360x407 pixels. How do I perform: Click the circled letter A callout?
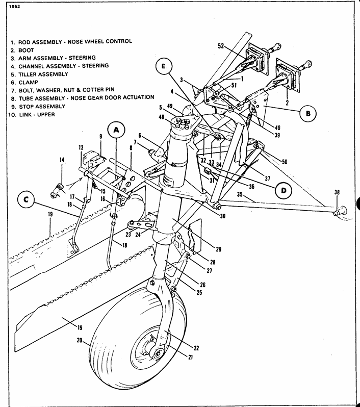click(116, 131)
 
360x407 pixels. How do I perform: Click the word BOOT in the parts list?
click(26, 50)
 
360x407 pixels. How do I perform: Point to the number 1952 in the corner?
click(7, 8)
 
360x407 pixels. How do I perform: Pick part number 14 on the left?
click(61, 160)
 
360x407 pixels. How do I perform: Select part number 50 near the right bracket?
click(284, 162)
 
